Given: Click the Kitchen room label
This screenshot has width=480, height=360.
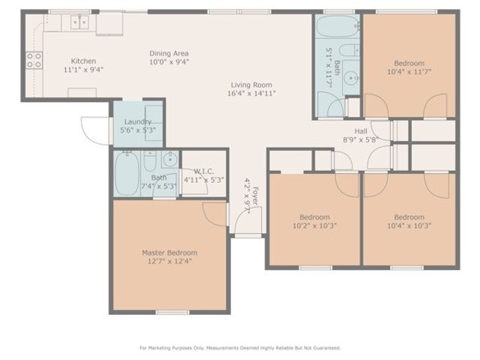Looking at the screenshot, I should coord(83,61).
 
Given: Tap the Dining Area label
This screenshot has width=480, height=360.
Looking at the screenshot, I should coord(169,53).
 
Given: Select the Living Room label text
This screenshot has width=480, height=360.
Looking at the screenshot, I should coord(250,85).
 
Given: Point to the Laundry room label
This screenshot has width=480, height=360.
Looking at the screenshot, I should coord(137,121).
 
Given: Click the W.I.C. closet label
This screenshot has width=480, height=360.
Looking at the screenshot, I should coord(204,171).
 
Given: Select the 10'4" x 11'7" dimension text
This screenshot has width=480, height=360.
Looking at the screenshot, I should coord(409,72).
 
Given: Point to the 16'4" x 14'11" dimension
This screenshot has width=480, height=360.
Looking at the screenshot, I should coord(250,94).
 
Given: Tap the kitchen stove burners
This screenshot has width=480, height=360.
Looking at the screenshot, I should coord(34,59).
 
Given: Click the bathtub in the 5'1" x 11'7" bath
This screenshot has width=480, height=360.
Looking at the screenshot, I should coord(328,29).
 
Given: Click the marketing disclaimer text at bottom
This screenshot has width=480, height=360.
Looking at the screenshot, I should coord(240,348).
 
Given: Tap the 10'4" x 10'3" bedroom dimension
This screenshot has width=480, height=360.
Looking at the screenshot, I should coord(409,225).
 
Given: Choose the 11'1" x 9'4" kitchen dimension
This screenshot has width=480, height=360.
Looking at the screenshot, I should coord(83,70).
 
